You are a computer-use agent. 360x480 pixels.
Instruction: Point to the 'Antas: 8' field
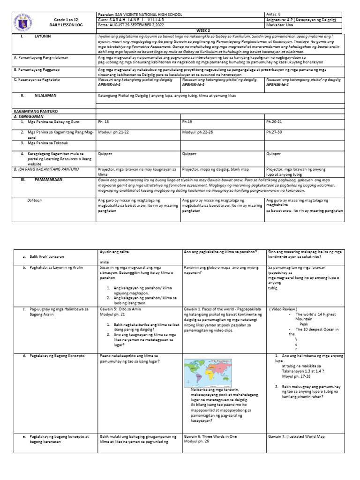pos(275,15)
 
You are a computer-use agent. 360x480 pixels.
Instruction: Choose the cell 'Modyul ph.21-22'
pos(113,132)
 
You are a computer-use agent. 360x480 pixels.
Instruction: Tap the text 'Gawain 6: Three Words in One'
pos(210,436)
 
